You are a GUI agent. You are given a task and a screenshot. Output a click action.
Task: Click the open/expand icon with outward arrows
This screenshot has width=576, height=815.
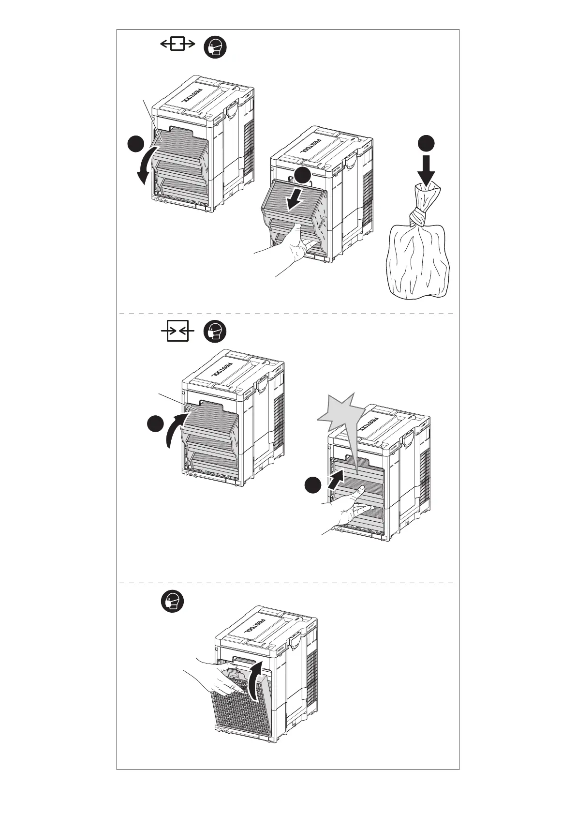(x=177, y=45)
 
